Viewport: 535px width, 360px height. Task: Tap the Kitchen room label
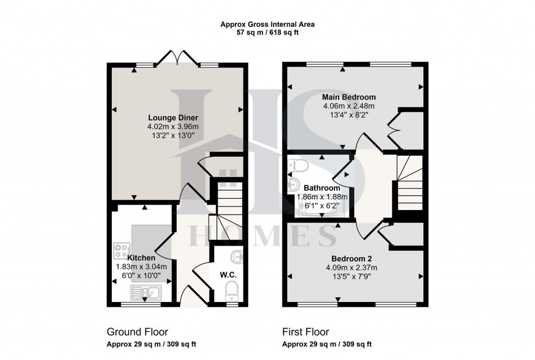[x=141, y=258]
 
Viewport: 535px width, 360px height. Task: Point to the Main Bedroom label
[x=348, y=97]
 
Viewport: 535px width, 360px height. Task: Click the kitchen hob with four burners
[x=122, y=251]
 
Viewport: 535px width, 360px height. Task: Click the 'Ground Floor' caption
[x=137, y=332]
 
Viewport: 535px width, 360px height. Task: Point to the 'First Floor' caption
[x=306, y=332]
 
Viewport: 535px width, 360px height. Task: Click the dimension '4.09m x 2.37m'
[x=351, y=268]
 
